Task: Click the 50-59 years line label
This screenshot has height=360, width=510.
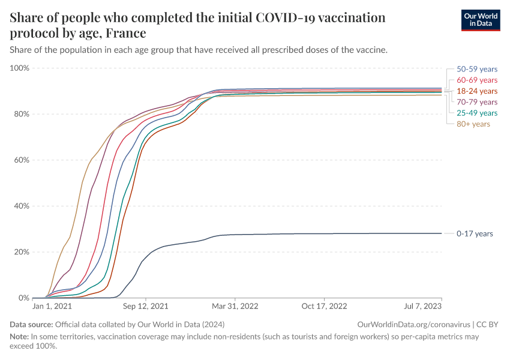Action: coord(477,69)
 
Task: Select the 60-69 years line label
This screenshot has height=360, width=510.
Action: coord(477,80)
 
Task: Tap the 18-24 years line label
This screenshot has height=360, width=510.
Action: coord(477,91)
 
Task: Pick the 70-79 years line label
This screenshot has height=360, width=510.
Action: coord(477,102)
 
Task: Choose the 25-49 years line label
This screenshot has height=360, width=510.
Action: coord(477,113)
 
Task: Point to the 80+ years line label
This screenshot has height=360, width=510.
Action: coord(473,124)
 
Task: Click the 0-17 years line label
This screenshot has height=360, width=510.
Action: coord(475,233)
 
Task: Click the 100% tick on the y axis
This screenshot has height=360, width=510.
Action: coord(20,68)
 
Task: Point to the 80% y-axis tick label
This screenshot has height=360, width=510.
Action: coord(22,114)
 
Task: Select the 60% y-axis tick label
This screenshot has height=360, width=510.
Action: coord(22,160)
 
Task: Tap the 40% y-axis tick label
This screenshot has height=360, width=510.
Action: coord(22,206)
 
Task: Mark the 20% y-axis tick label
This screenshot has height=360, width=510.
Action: coord(22,252)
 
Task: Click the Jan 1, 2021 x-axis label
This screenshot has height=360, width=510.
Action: coord(53,306)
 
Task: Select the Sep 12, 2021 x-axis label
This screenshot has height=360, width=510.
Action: coord(145,306)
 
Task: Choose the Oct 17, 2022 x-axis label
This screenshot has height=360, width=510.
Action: coord(324,306)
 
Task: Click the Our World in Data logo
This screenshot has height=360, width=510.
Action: coord(480,20)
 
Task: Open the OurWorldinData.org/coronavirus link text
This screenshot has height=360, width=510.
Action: coord(413,325)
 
